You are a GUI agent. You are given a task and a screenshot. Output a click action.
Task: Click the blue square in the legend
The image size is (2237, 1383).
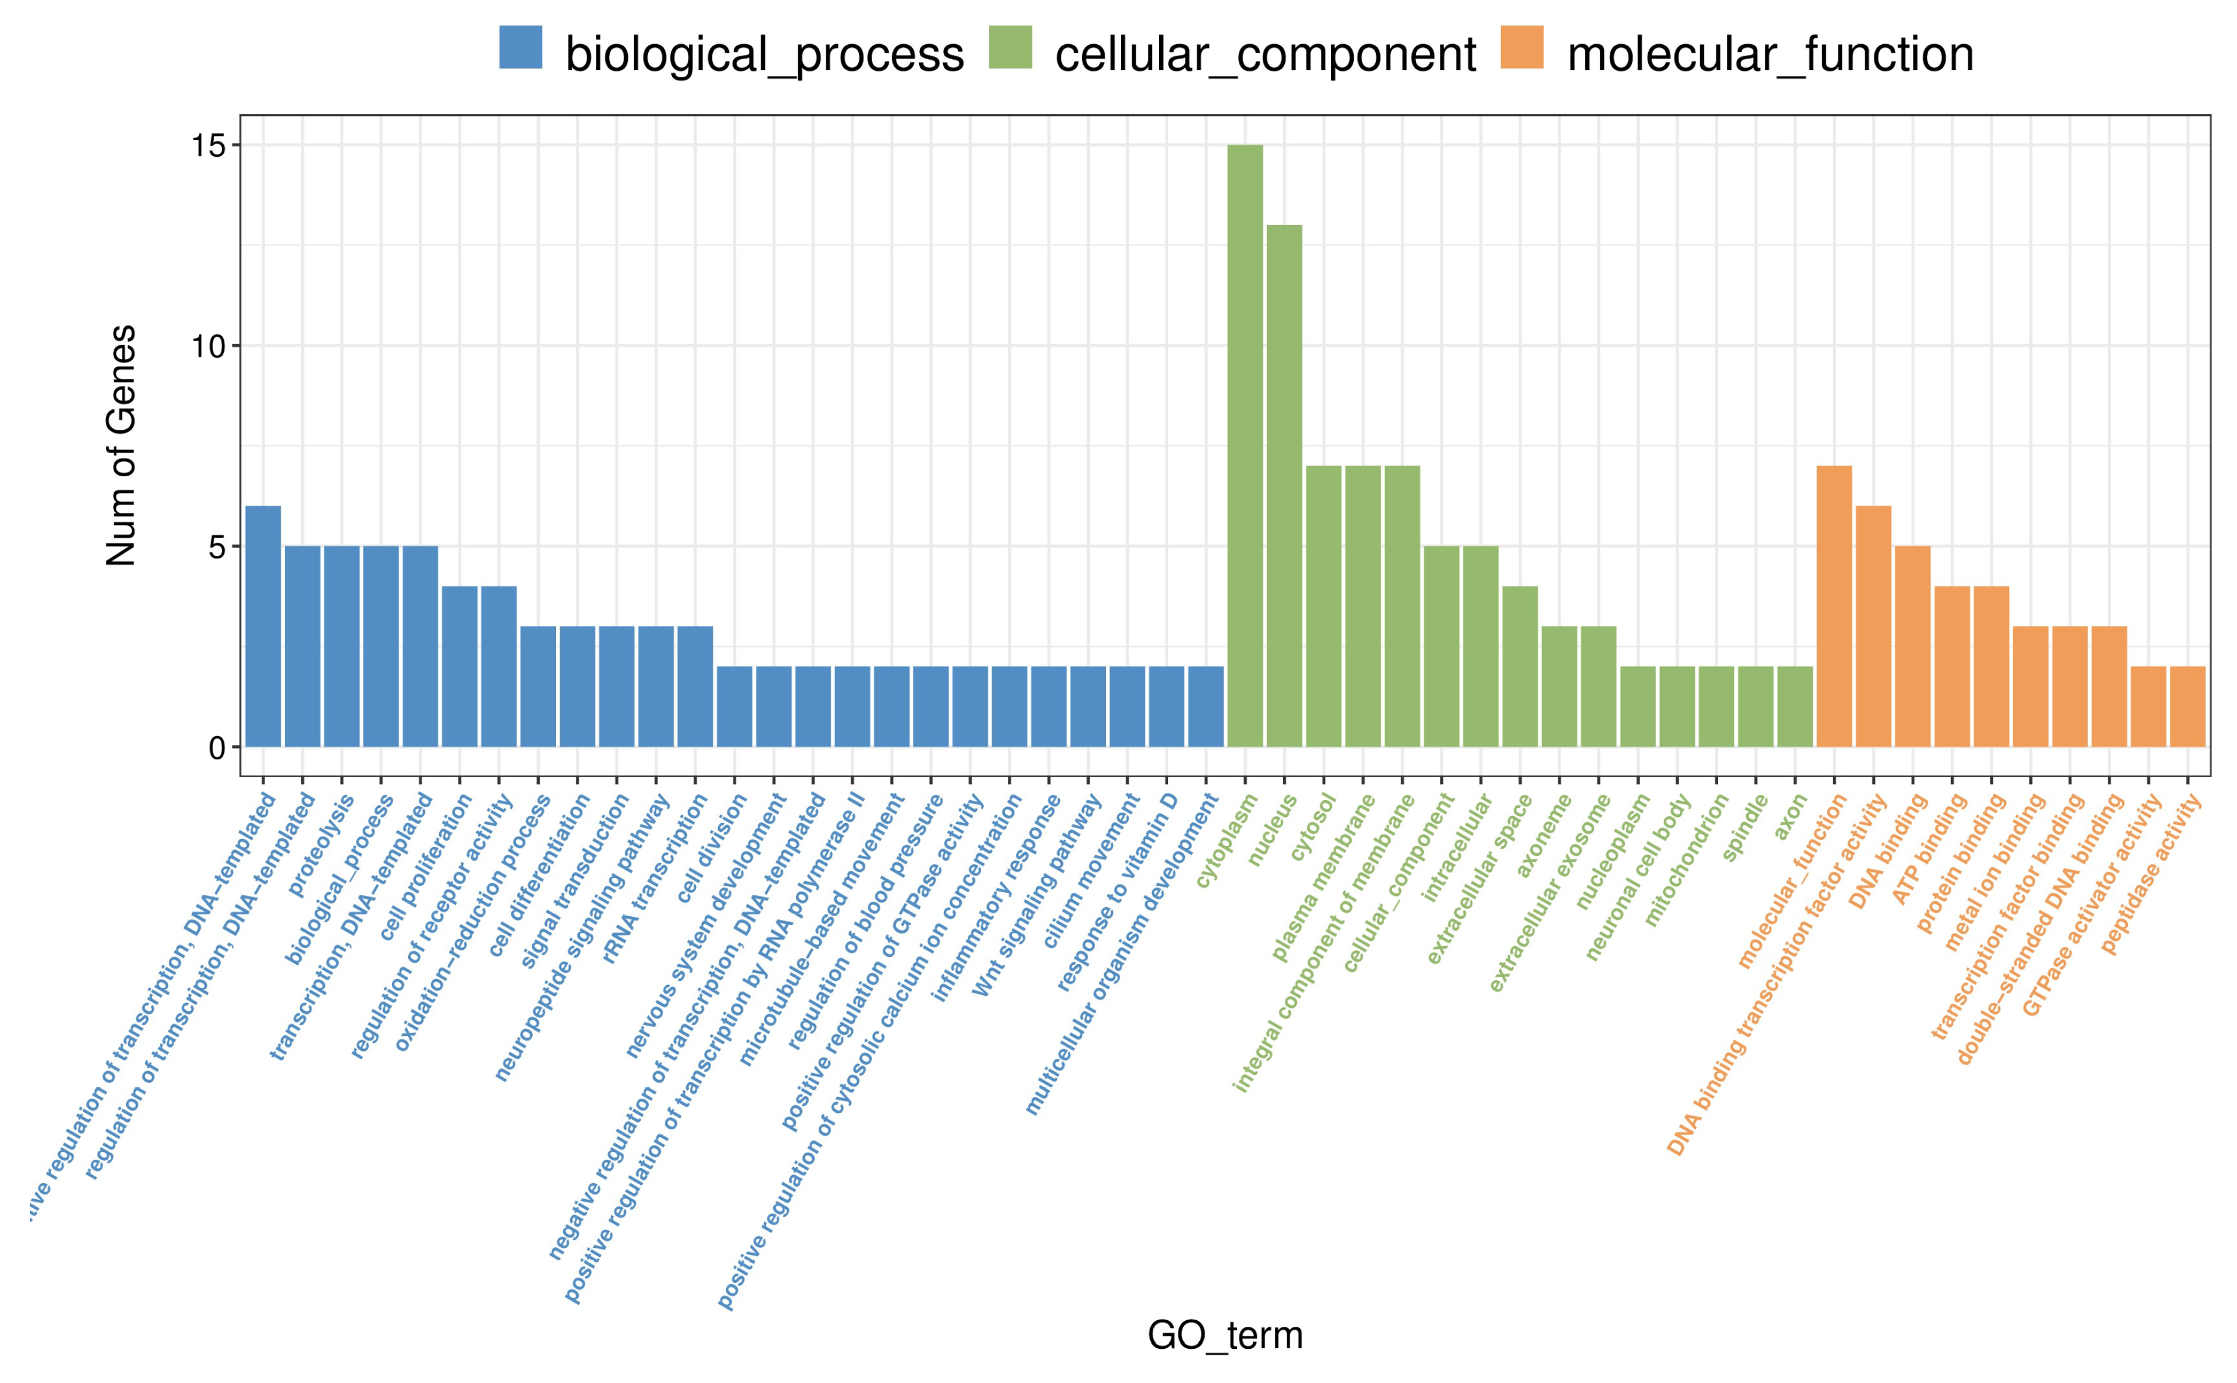[521, 47]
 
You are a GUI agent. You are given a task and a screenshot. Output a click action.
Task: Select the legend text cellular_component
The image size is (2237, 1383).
[1265, 55]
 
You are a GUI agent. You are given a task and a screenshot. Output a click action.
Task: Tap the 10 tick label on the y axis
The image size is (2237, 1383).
[208, 346]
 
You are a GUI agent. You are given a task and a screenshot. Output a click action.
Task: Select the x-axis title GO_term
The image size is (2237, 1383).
[1224, 1336]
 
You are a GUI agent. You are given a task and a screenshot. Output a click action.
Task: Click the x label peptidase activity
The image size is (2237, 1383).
[2151, 874]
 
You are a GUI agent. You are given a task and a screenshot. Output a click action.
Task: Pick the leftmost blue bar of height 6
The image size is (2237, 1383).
[263, 627]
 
